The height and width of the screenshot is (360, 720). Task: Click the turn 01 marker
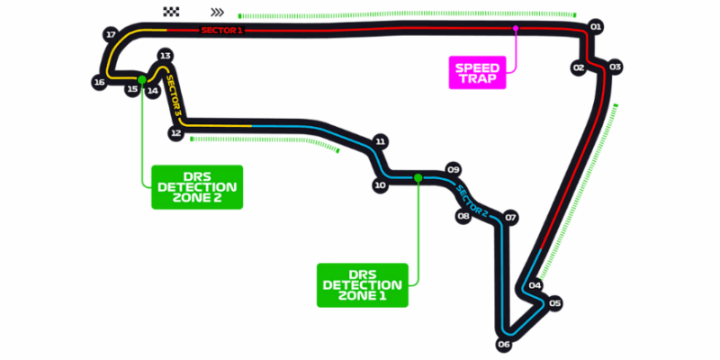595,27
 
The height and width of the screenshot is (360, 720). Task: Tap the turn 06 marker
504,344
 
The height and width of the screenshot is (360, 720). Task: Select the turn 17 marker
112,35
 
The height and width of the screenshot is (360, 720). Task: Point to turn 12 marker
176,133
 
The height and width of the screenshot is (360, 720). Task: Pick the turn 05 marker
554,303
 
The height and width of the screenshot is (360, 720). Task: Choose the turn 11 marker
381,142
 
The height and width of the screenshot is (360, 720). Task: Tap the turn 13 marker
165,56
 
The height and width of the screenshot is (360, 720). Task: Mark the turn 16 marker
99,83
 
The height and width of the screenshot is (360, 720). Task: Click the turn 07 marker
510,217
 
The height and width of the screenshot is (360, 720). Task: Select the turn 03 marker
615,67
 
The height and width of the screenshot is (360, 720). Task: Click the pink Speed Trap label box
478,72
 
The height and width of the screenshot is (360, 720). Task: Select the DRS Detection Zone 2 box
197,186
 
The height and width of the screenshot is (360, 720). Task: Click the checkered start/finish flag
172,12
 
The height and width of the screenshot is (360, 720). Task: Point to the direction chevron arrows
216,13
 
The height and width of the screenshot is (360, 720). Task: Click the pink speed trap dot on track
516,29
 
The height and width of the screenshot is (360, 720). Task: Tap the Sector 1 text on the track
221,31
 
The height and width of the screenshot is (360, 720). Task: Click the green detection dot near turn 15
142,79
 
